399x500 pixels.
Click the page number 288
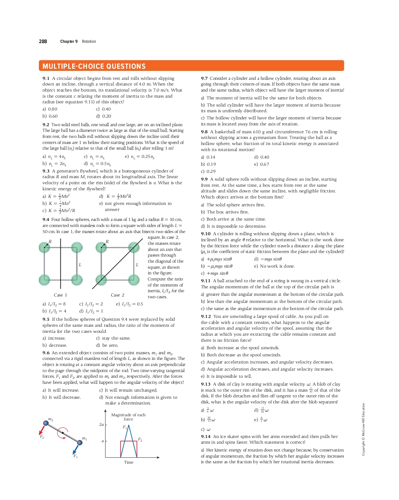43,41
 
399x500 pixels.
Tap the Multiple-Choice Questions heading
94,66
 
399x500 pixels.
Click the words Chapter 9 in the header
69,41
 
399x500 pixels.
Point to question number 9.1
46,78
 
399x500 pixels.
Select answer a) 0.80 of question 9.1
50,109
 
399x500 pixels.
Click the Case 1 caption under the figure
60,295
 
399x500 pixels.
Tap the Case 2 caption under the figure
117,295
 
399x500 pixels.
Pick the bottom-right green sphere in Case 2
133,279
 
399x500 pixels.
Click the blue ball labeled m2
46,423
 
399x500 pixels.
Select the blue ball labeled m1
80,443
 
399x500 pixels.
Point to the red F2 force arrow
41,430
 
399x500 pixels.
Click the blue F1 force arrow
76,449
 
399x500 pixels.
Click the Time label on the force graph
128,462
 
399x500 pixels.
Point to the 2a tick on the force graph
102,424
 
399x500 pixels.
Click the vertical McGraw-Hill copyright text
363,429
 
